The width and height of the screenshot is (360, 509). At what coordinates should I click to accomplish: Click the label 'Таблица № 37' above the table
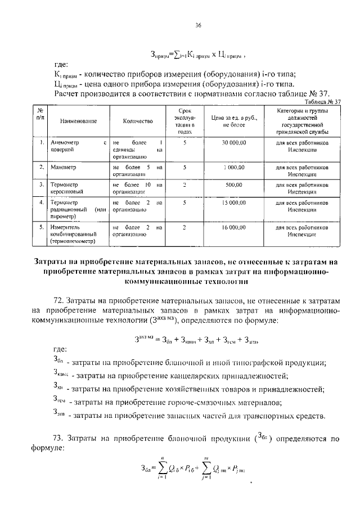(322, 102)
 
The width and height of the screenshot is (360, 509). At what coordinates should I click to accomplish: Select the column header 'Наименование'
(70, 121)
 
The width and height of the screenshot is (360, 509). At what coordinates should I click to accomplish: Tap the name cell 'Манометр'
(63, 168)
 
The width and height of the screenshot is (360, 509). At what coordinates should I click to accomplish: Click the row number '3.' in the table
(42, 184)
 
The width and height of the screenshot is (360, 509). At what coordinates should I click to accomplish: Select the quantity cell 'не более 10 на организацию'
(137, 188)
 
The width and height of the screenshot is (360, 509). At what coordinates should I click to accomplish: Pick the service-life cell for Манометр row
(184, 168)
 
